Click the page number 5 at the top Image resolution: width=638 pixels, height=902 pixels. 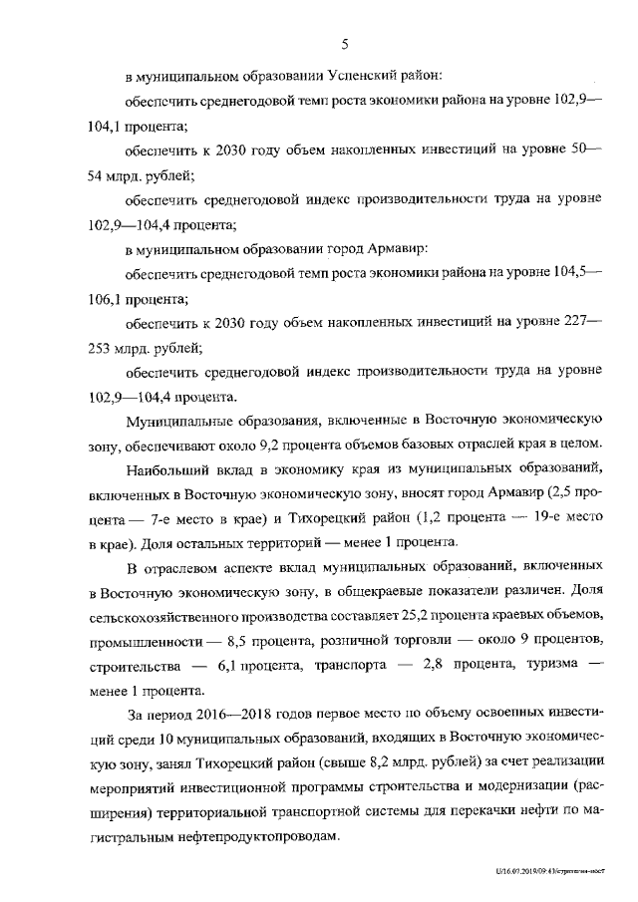point(345,44)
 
